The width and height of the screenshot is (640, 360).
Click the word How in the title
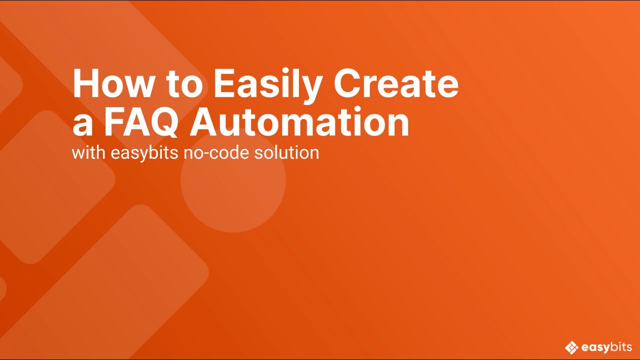click(x=112, y=84)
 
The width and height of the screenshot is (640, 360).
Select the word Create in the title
click(x=396, y=84)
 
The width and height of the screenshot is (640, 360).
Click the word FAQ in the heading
click(x=140, y=123)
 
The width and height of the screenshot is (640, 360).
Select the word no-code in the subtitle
click(x=216, y=152)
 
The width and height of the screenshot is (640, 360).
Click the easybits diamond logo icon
click(x=571, y=347)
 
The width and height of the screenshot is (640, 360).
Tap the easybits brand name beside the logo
click(x=606, y=347)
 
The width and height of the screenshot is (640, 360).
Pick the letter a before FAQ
click(x=82, y=126)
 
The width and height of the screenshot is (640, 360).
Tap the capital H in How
click(x=85, y=84)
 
